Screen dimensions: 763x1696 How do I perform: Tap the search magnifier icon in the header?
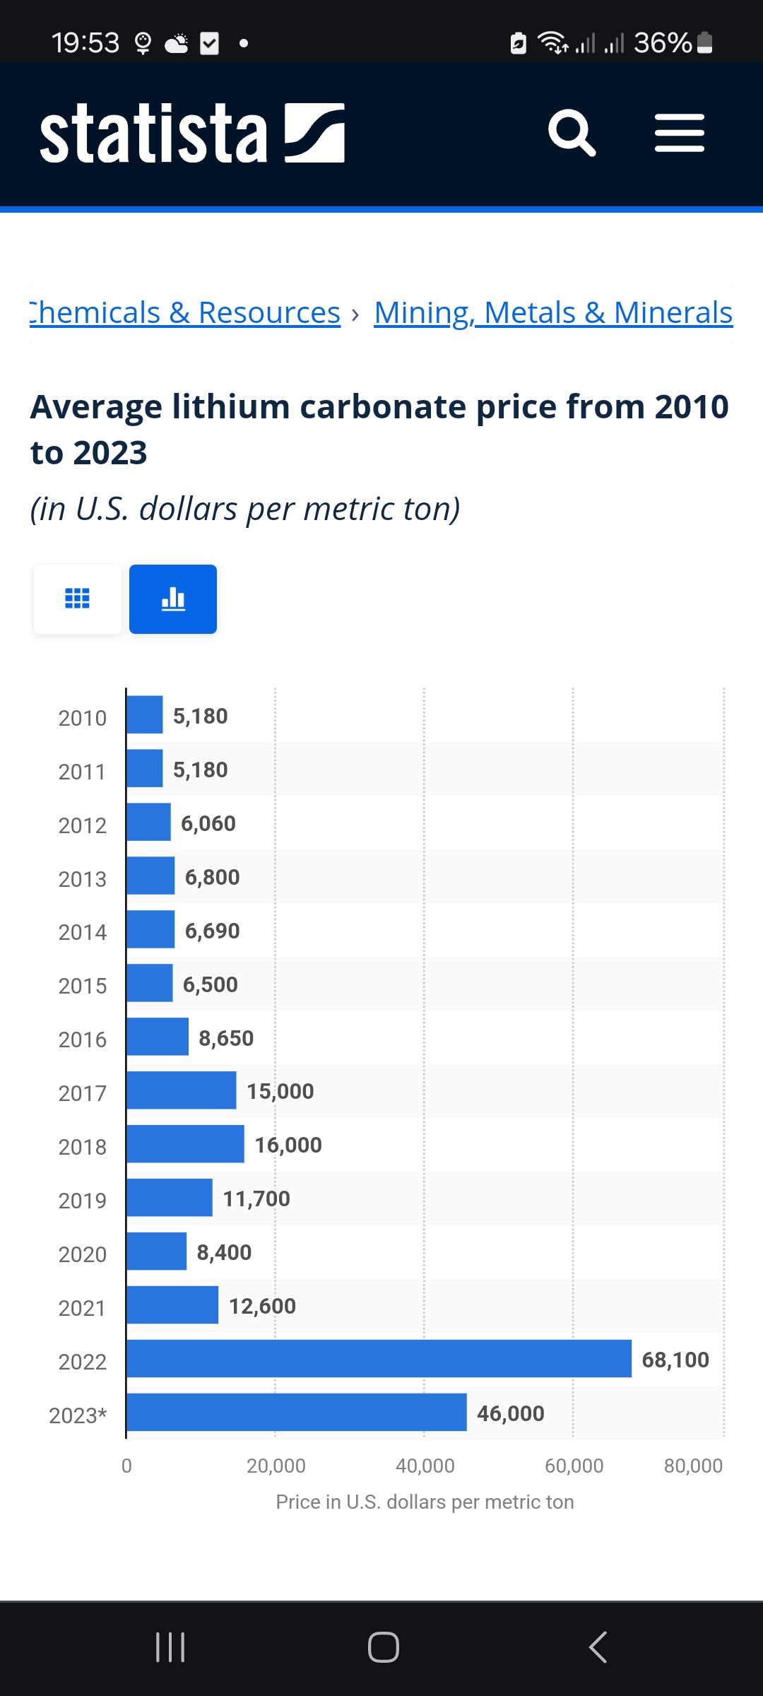click(572, 132)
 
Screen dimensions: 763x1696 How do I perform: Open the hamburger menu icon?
click(680, 133)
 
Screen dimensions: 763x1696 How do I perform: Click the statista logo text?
click(154, 133)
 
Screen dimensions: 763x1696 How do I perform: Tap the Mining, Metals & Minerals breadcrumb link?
click(553, 312)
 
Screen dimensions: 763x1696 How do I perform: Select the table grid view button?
click(78, 599)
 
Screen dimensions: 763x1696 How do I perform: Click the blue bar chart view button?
click(173, 599)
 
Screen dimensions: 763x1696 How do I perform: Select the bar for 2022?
click(379, 1358)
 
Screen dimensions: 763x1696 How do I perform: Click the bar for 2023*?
click(297, 1412)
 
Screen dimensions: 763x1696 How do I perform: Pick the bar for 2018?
click(186, 1143)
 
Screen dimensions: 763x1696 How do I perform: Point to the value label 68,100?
click(675, 1360)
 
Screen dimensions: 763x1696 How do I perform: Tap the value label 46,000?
click(511, 1413)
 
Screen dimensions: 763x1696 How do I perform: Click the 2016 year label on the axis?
click(83, 1040)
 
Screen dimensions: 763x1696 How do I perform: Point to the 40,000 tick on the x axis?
click(425, 1466)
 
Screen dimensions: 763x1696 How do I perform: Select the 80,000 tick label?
click(693, 1466)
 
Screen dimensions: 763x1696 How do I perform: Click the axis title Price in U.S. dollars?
click(425, 1502)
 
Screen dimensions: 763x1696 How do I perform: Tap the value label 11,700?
click(256, 1199)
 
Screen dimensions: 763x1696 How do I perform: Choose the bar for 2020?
click(157, 1251)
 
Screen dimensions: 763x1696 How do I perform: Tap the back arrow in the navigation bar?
click(598, 1647)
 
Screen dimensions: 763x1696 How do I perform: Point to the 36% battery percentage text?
click(663, 43)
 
